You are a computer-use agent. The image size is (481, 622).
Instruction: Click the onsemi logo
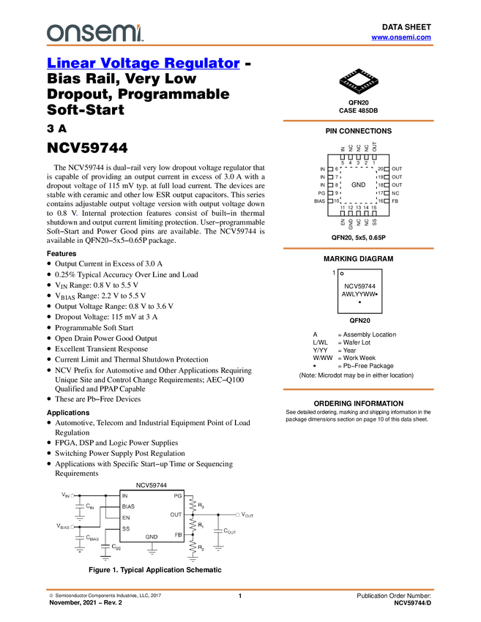(95, 32)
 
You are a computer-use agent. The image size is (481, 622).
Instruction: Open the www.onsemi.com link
(401, 37)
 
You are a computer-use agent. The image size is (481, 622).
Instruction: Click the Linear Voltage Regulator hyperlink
(143, 63)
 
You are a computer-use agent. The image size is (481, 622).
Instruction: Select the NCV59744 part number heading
(87, 148)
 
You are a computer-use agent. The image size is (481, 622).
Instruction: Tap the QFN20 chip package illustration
(358, 82)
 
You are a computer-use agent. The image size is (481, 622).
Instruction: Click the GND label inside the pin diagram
(358, 185)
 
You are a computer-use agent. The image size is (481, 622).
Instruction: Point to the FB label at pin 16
(395, 201)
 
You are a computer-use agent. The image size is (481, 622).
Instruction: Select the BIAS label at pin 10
(319, 201)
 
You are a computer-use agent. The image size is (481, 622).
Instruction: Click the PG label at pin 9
(321, 193)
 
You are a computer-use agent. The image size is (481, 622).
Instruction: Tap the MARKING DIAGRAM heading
(358, 259)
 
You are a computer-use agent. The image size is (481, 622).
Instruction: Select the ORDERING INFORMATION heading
(358, 403)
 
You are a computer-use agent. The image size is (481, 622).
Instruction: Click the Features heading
(61, 253)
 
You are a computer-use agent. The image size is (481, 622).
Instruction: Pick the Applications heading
(68, 413)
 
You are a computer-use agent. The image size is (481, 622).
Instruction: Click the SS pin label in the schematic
(126, 529)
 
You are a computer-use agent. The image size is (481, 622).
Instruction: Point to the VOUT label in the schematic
(247, 515)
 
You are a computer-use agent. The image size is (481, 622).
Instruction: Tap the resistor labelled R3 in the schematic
(193, 505)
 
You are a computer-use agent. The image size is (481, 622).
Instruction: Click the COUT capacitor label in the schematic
(230, 531)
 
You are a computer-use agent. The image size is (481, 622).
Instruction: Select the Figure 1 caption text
(155, 570)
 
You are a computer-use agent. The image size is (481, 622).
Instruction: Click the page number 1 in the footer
(240, 596)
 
